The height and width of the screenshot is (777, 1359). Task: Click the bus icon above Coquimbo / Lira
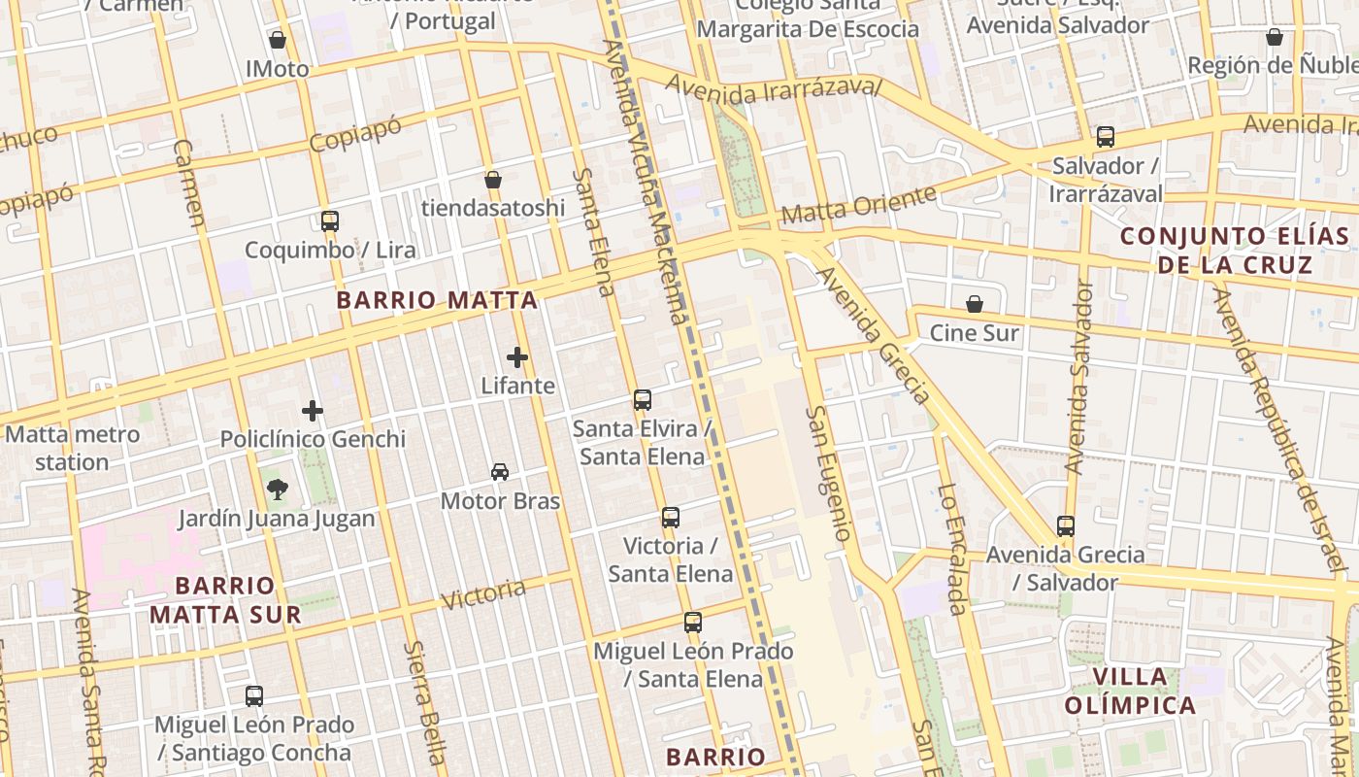point(330,220)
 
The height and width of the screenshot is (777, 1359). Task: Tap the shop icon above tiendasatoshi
point(493,180)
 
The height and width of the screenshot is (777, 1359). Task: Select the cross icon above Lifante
point(517,357)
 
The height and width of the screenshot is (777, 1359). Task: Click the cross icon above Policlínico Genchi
point(313,411)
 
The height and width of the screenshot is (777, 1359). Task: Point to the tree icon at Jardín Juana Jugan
point(277,490)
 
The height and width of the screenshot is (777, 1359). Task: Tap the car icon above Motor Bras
point(500,472)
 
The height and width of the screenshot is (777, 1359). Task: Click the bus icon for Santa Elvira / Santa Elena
point(642,399)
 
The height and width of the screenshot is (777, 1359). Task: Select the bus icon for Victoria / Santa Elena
point(671,517)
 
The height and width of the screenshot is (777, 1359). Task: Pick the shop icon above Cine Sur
point(975,304)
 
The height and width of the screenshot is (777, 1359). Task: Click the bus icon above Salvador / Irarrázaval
point(1106,137)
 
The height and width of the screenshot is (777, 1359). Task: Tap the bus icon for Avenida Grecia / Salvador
point(1066,526)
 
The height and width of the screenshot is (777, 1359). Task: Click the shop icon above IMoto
point(278,40)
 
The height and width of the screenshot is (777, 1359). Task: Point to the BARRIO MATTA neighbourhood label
point(437,300)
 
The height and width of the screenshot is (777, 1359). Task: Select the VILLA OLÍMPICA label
point(1130,691)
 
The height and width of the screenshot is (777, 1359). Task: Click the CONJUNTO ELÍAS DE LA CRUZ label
point(1235,250)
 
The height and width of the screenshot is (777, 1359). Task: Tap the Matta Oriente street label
point(859,204)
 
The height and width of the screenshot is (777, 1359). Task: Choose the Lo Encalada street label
point(952,549)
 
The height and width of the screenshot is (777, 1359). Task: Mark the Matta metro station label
point(72,448)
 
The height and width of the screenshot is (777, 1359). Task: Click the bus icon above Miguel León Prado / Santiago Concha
point(254,696)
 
